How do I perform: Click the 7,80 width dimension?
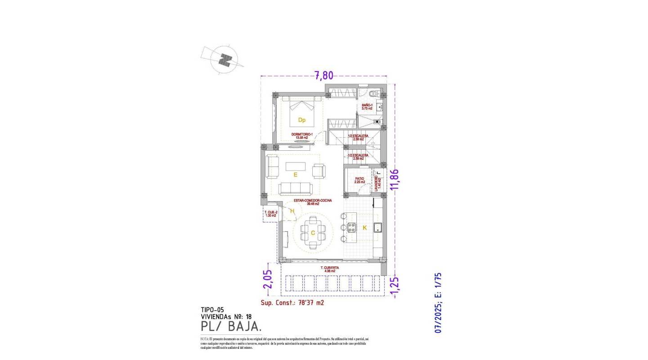[x=324, y=75]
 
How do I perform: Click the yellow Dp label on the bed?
[x=302, y=120]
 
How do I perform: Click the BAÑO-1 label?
[x=367, y=107]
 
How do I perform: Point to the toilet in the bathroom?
[x=372, y=95]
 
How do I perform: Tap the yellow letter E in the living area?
[x=295, y=175]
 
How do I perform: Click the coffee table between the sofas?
[x=295, y=166]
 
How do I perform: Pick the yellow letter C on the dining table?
[x=313, y=233]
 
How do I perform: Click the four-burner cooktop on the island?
[x=352, y=227]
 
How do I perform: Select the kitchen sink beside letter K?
[x=378, y=227]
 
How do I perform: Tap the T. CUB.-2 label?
[x=270, y=213]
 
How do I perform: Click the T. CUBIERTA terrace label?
[x=330, y=270]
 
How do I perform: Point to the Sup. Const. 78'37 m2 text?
[x=292, y=303]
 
